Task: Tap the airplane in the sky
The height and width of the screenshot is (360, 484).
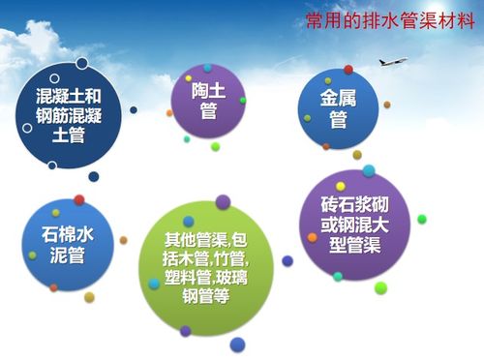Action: tap(392, 61)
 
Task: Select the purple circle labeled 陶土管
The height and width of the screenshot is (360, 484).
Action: tap(206, 102)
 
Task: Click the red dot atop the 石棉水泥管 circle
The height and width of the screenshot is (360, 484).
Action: tap(79, 199)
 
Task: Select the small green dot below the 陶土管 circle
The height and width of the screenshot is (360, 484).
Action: tap(215, 147)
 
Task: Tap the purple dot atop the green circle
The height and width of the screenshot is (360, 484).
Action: tap(223, 202)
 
